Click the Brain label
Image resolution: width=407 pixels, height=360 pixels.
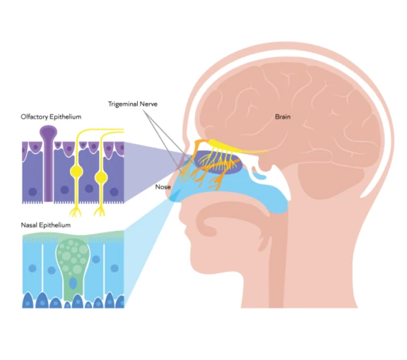pos(283,116)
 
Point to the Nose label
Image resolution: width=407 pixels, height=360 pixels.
pos(163,187)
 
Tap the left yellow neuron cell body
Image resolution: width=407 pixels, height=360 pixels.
pos(76,172)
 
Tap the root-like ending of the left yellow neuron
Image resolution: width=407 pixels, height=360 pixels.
pos(75,210)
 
